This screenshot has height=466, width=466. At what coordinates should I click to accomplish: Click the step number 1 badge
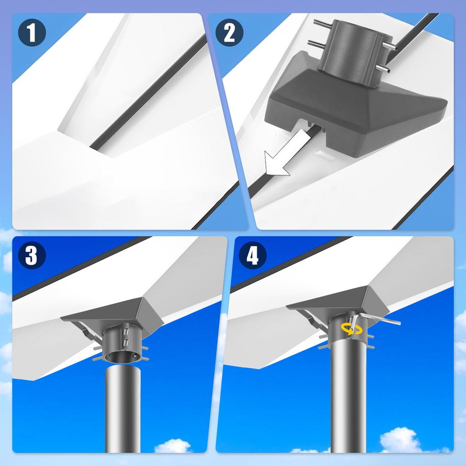pyautogui.click(x=31, y=34)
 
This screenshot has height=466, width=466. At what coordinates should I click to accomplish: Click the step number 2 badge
pyautogui.click(x=229, y=34)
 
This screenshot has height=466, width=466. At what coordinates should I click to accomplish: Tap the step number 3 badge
pyautogui.click(x=31, y=256)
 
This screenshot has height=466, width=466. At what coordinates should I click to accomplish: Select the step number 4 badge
pyautogui.click(x=252, y=256)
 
